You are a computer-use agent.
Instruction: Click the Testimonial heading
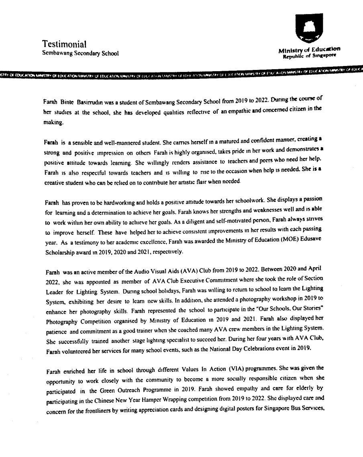coord(65,44)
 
